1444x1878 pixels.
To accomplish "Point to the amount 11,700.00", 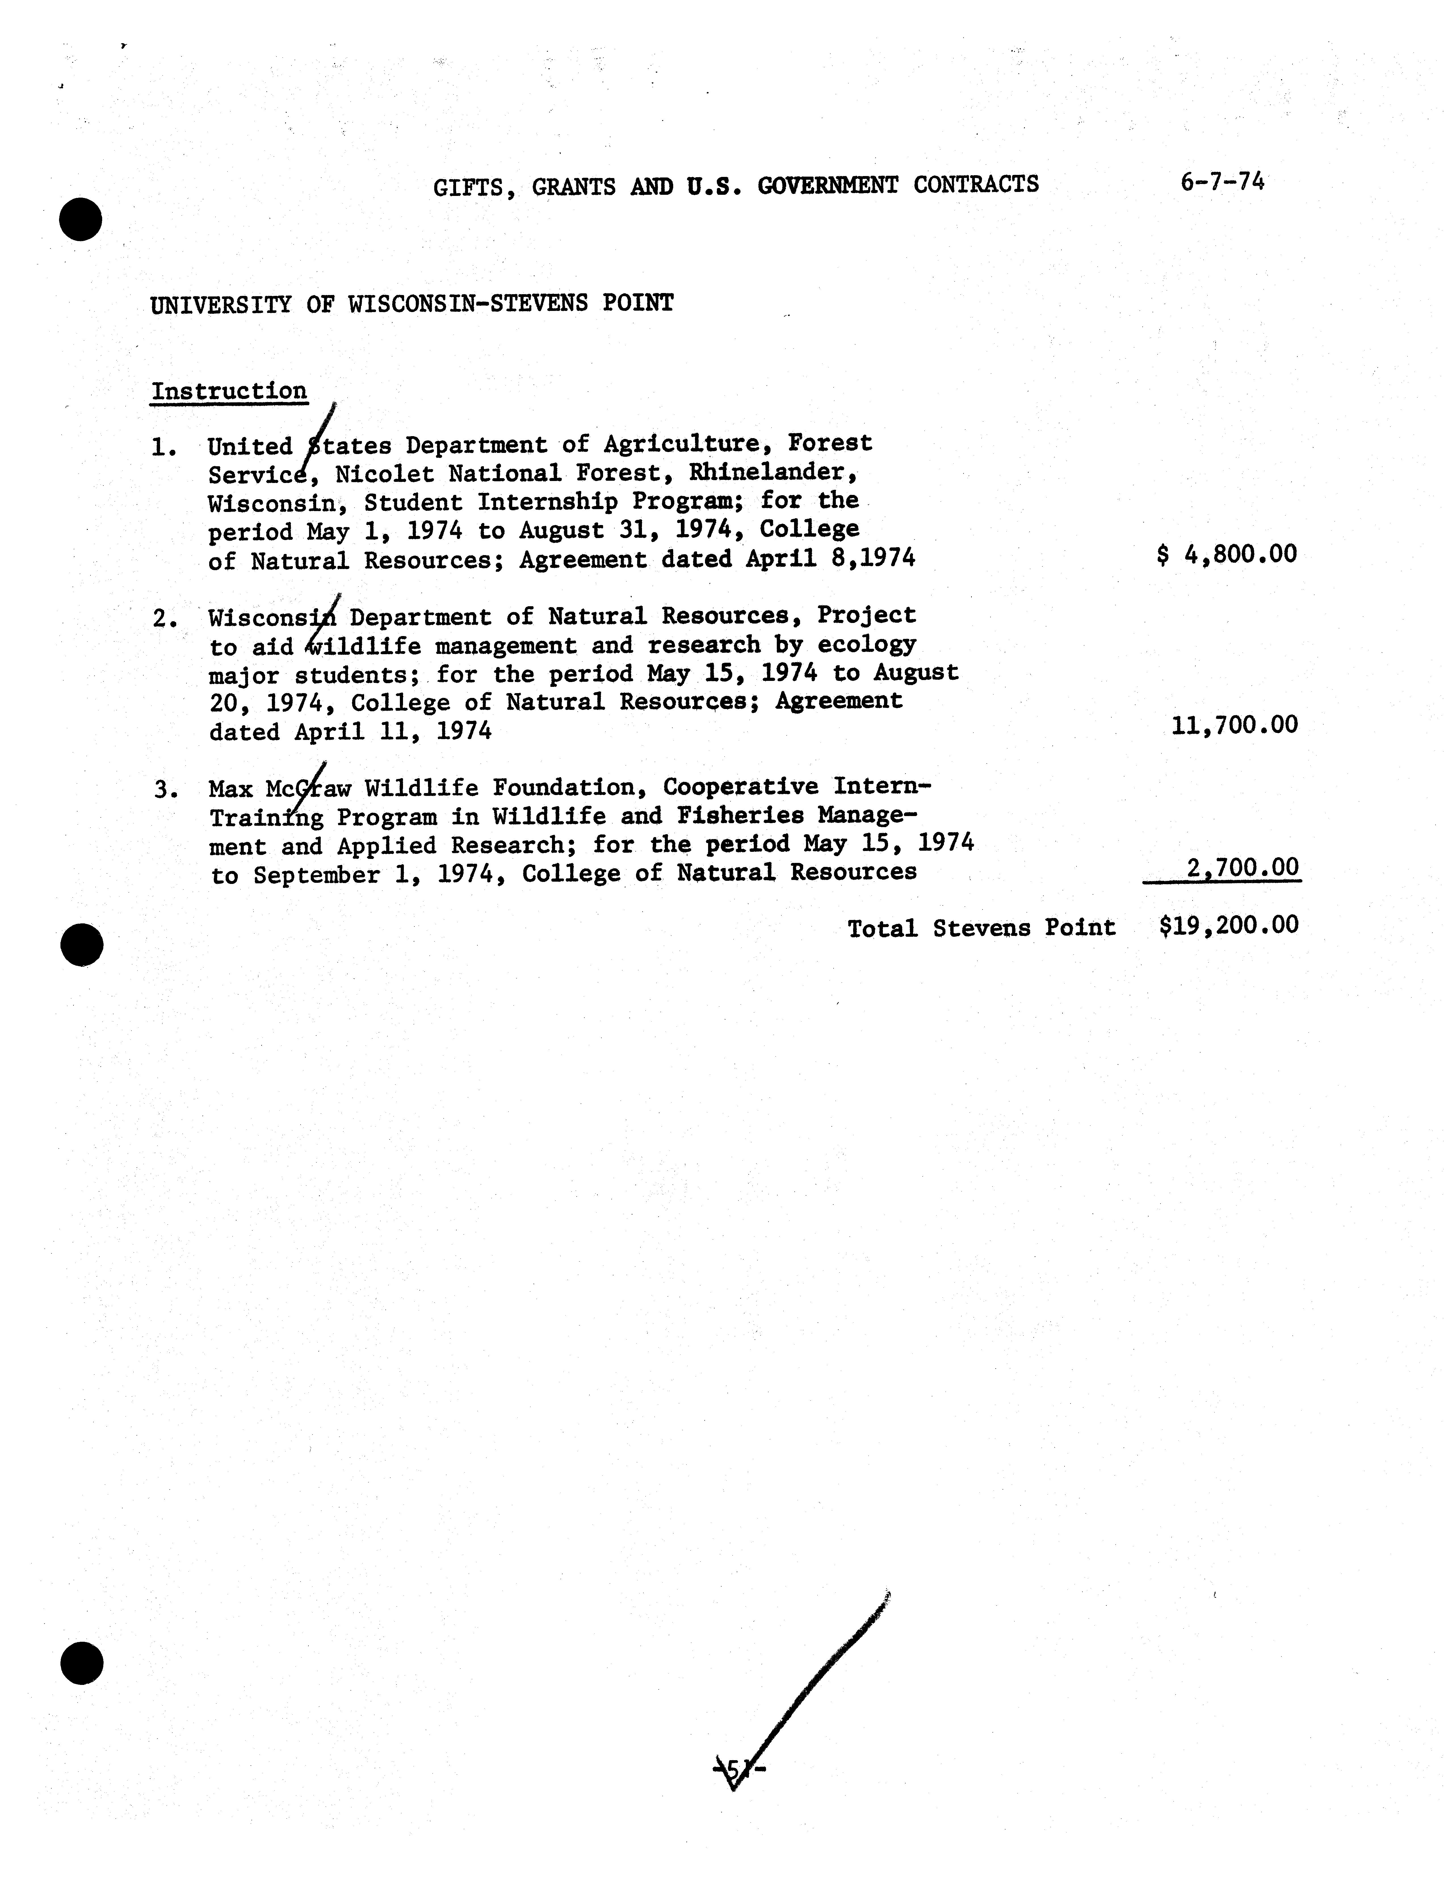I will (x=1234, y=725).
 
